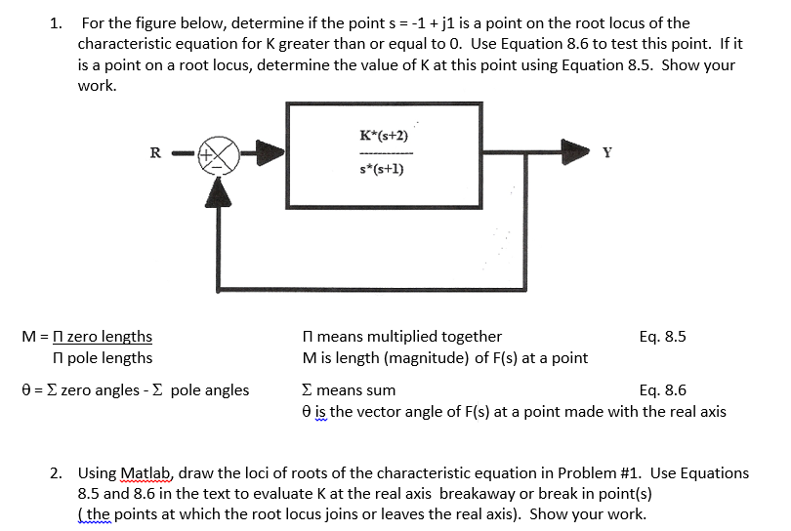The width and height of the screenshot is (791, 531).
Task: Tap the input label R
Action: (154, 152)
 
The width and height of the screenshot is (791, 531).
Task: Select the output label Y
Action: (608, 152)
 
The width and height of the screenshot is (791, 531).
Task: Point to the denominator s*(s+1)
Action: (384, 170)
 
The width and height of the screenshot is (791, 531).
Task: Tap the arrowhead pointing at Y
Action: (576, 152)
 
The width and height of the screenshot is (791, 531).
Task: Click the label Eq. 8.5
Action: (662, 337)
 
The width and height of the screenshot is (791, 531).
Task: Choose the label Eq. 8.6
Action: (662, 390)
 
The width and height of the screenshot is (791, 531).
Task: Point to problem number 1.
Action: (57, 22)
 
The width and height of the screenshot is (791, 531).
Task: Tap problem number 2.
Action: (57, 472)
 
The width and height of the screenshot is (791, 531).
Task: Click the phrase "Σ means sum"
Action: (350, 390)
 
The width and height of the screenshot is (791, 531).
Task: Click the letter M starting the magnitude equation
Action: (27, 337)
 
